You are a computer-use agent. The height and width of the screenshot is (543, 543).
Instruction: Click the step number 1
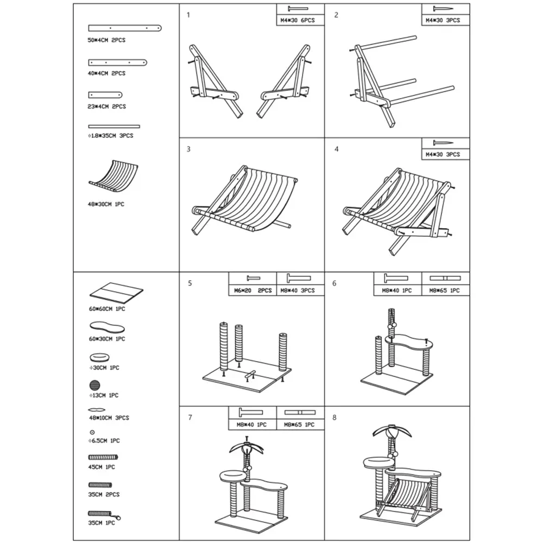(x=188, y=15)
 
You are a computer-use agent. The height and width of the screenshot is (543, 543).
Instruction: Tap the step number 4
(x=336, y=149)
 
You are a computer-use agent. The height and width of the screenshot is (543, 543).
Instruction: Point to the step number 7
(x=190, y=417)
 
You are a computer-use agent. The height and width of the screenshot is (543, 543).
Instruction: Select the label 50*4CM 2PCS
(x=106, y=40)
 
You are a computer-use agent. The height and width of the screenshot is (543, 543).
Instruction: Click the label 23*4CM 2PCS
(x=106, y=106)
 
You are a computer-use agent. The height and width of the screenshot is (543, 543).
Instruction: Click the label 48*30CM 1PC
(x=106, y=204)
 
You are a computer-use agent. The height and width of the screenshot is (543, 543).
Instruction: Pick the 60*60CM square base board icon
(x=116, y=293)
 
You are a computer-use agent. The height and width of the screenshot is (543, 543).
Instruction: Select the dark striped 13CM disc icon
(x=94, y=385)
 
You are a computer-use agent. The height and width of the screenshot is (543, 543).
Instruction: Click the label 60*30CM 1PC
(x=107, y=339)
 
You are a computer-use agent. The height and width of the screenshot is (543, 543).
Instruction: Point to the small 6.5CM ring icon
(x=92, y=432)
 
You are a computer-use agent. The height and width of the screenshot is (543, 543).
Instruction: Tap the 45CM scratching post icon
(x=103, y=457)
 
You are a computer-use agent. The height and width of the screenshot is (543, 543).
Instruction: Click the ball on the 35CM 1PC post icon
(x=119, y=518)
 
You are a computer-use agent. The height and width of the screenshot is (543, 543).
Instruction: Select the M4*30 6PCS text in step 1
(x=298, y=21)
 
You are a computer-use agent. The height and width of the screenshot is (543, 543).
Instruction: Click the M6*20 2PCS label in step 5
(x=253, y=291)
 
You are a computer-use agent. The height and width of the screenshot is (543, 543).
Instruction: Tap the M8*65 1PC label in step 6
(x=445, y=291)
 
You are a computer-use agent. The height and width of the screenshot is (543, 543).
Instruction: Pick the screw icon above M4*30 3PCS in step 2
(x=443, y=9)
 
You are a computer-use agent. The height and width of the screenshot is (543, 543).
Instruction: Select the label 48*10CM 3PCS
(x=109, y=418)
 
